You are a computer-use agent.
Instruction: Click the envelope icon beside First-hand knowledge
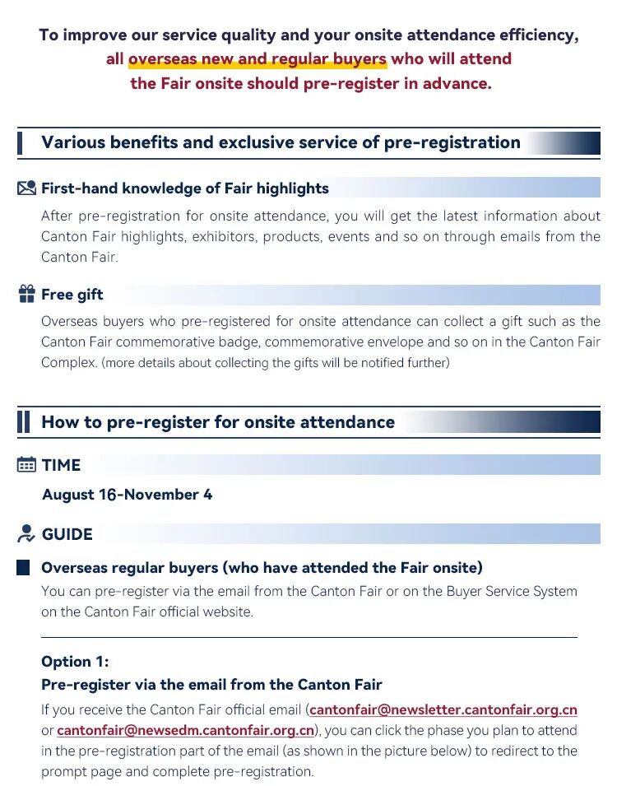tap(26, 188)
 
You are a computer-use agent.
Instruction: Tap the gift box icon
tap(26, 294)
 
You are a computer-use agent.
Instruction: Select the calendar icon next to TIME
tap(26, 465)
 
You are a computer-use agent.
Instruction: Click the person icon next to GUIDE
tap(26, 533)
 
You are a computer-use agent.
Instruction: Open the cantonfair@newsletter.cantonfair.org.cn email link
tap(443, 709)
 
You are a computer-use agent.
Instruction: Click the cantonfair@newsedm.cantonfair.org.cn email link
tap(185, 730)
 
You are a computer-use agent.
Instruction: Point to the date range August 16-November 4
tap(127, 495)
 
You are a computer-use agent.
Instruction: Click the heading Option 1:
tap(75, 662)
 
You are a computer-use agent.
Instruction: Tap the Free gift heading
tap(72, 295)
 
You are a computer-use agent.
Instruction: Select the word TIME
tap(61, 465)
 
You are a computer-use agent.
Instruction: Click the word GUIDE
tap(67, 534)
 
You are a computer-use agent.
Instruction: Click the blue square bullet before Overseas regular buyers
tap(23, 568)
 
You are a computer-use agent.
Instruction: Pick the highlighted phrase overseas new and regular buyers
tap(257, 59)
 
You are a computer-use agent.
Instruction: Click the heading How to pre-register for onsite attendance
tap(218, 422)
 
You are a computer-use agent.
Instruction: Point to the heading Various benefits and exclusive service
tap(281, 142)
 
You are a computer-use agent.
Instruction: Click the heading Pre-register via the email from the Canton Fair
tap(211, 685)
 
